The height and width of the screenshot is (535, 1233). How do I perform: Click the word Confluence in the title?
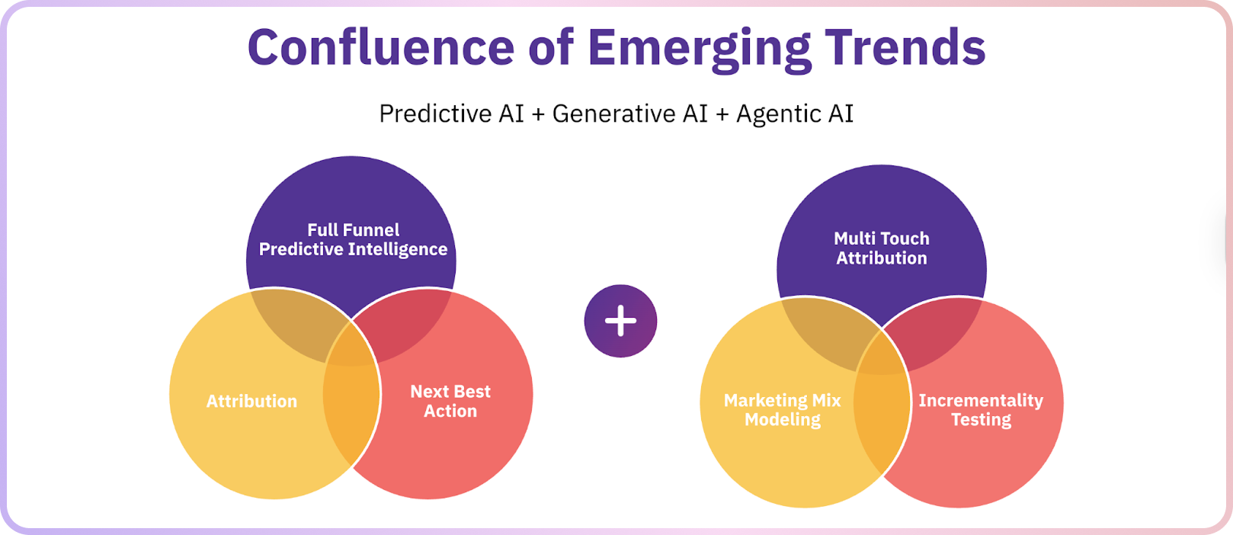click(381, 47)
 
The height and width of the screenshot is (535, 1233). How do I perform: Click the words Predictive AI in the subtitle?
click(451, 114)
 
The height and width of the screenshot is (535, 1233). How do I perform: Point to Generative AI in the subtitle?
click(630, 114)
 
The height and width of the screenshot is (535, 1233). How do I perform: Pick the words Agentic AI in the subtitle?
click(794, 114)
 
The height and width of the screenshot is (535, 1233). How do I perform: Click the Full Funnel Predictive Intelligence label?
click(353, 239)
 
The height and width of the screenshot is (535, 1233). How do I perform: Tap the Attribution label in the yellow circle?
click(251, 402)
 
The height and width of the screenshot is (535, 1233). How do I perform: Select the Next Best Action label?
click(450, 401)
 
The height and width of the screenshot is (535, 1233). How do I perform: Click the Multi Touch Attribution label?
click(882, 248)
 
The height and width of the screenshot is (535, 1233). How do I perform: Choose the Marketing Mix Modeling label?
click(783, 410)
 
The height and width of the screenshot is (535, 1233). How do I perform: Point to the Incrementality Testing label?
click(981, 410)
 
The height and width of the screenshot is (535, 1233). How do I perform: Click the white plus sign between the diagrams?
click(620, 321)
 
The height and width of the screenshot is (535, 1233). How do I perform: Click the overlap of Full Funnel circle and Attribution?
click(293, 320)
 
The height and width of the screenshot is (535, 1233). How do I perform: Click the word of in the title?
click(550, 47)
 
